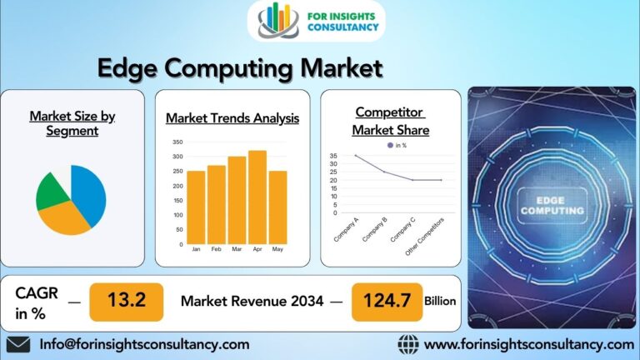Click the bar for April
[x=257, y=197]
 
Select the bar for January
[x=196, y=207]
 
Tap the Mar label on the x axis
[x=237, y=249]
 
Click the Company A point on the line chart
[x=355, y=156]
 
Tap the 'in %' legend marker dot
[x=389, y=145]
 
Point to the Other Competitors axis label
[x=425, y=236]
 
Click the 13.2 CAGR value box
[x=126, y=301]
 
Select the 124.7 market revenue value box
[x=387, y=301]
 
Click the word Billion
[x=440, y=301]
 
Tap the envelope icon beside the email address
[x=17, y=344]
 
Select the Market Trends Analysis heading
[x=232, y=118]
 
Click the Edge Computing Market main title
[x=239, y=67]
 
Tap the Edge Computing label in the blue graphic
[x=552, y=206]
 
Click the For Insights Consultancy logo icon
[x=278, y=20]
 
